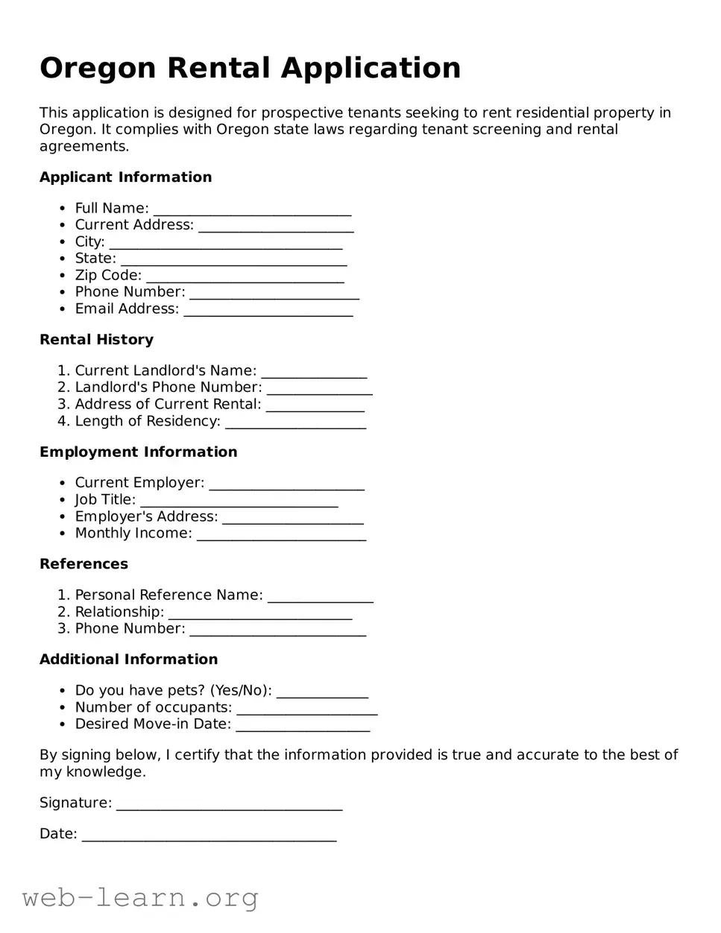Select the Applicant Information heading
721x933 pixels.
coord(125,177)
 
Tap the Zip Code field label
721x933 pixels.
coord(108,276)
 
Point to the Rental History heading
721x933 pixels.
coord(96,340)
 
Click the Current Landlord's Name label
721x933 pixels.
coord(166,371)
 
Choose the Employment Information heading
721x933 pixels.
coord(138,452)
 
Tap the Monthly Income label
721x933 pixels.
coord(133,534)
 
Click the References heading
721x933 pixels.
coord(84,564)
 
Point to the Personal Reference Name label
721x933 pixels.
coord(169,595)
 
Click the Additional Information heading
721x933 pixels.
coord(128,660)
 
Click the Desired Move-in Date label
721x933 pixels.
coord(153,724)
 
